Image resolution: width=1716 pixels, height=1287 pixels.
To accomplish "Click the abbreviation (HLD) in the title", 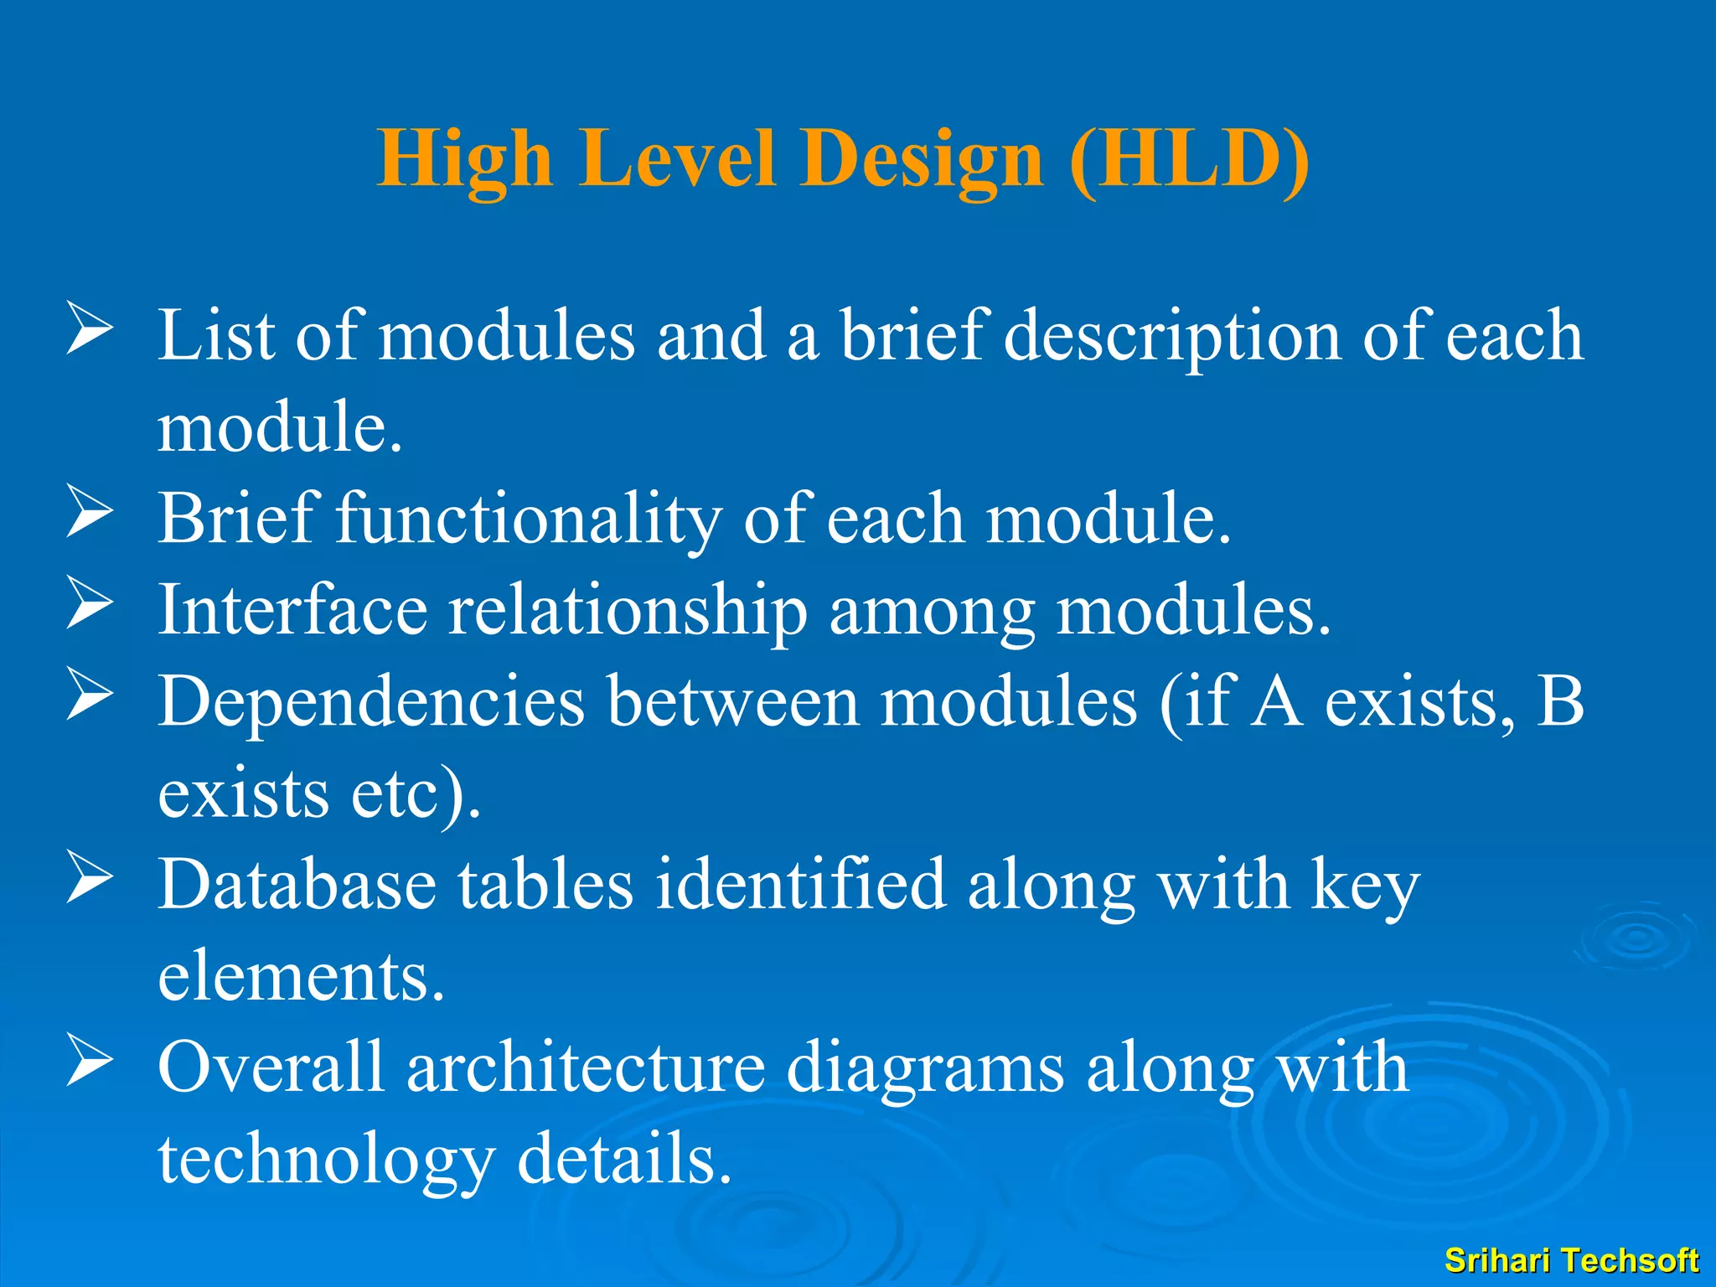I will pos(1190,159).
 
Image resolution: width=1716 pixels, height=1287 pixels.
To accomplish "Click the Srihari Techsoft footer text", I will pos(1571,1260).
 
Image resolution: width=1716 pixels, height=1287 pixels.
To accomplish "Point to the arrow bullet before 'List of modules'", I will pos(90,329).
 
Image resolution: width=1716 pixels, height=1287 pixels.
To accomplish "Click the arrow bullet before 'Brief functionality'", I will pos(90,512).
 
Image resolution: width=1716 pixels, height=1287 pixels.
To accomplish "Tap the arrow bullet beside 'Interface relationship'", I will pos(90,603).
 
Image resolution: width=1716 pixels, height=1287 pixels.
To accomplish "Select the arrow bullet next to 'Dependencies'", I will pos(90,695).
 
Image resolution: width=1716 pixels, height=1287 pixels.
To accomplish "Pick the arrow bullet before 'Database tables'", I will pos(90,878).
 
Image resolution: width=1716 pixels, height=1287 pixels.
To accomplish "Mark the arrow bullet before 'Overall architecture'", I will pos(90,1061).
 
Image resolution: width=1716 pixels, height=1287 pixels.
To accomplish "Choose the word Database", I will pos(297,885).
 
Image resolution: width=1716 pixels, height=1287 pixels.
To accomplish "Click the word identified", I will pos(800,885).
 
